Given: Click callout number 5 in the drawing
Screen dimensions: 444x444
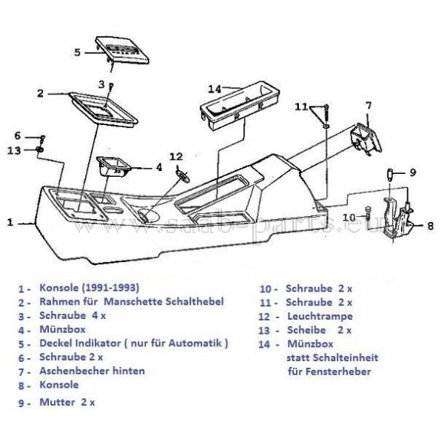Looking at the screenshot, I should coord(77,53).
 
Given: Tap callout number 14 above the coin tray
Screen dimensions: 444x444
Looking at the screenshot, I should coord(215,89).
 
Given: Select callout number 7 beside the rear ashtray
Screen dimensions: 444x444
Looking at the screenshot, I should coord(367,107).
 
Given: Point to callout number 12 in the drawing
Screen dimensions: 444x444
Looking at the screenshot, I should coord(175,156).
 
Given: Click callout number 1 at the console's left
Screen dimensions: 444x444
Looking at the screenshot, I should coord(10,221).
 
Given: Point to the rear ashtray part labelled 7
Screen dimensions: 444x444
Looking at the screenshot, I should coord(363,137).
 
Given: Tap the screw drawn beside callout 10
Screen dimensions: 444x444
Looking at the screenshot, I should coord(367,216).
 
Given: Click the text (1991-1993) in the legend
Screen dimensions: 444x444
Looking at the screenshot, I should coord(113,288).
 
